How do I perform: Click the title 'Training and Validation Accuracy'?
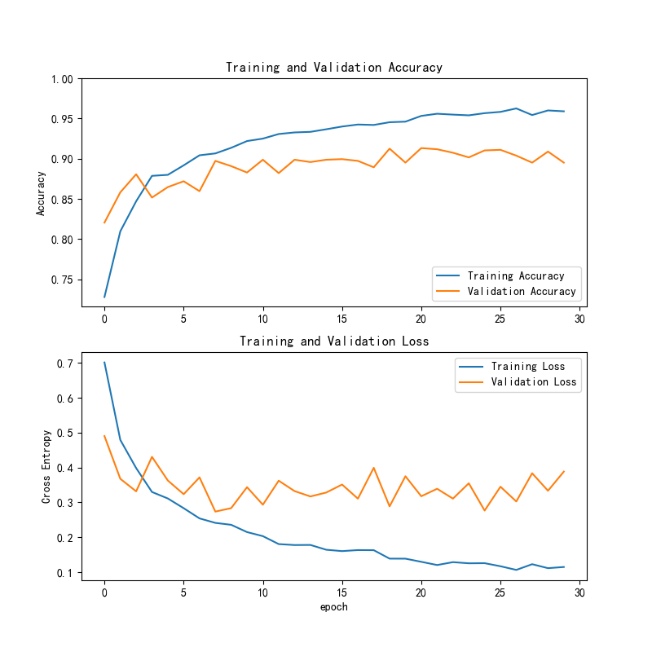point(334,68)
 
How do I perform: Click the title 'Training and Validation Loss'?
point(334,341)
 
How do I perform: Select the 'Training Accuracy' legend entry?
point(516,276)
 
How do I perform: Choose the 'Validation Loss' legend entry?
point(533,382)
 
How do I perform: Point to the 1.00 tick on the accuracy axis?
point(62,79)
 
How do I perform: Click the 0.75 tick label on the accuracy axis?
point(62,280)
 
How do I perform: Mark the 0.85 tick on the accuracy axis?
point(62,200)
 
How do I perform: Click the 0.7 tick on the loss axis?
point(65,363)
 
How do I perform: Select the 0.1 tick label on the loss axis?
point(65,573)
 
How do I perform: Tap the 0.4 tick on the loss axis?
point(65,469)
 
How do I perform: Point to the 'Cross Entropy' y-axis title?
point(46,467)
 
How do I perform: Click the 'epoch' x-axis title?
point(334,607)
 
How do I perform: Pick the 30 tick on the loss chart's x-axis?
point(579,593)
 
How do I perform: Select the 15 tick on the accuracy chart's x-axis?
point(342,319)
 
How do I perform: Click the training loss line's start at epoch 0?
point(104,363)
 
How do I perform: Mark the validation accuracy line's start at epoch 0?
point(104,222)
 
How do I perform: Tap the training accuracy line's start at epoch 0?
point(104,297)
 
